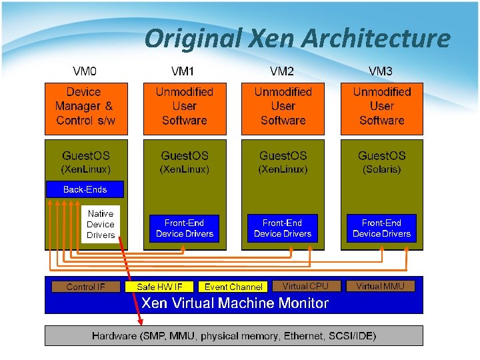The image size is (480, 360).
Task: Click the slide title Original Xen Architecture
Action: tap(297, 39)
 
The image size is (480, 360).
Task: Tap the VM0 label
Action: tap(85, 71)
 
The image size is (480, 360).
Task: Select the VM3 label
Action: tap(381, 71)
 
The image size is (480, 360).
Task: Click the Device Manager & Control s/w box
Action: tap(85, 107)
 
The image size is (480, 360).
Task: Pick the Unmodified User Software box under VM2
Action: tap(283, 107)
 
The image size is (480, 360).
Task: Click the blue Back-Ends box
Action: tap(85, 189)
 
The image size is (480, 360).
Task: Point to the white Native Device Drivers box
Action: tap(101, 225)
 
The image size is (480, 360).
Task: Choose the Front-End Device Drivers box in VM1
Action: tap(185, 228)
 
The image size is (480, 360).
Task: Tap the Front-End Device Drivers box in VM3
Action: tap(381, 228)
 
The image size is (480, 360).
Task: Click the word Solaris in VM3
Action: tap(382, 170)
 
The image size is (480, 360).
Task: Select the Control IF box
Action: tap(86, 287)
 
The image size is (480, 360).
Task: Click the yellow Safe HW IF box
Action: tap(159, 287)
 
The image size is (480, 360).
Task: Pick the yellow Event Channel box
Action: tap(233, 287)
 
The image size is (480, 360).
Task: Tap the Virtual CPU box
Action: tap(305, 286)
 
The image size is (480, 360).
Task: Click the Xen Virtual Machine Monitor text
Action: tap(235, 303)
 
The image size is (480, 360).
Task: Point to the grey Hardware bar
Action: tap(233, 335)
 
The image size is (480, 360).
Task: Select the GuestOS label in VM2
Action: tap(283, 156)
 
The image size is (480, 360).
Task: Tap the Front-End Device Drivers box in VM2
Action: tap(283, 228)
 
